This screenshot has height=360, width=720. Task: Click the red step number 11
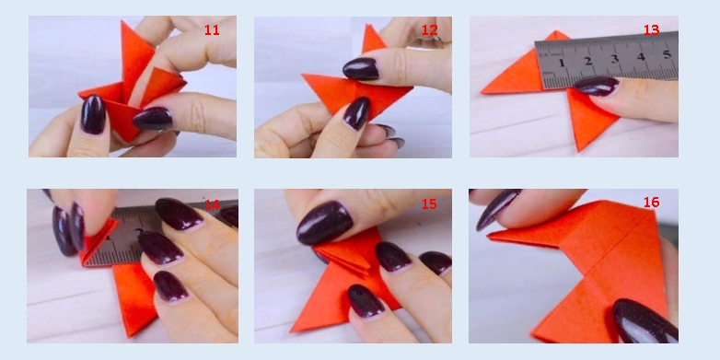tap(212, 29)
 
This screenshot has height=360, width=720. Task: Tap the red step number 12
tap(429, 29)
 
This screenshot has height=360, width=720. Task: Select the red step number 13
tap(651, 29)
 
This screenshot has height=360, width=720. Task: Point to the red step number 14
tap(212, 204)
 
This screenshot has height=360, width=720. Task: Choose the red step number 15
tap(429, 203)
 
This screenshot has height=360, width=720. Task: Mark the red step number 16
tap(651, 202)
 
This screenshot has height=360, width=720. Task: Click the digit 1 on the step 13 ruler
tap(561, 63)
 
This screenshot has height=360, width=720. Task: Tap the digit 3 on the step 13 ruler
tap(615, 58)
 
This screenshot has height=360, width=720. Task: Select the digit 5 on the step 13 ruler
tap(668, 54)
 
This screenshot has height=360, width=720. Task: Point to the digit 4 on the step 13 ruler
tap(641, 56)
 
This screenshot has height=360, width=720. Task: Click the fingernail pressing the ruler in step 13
tap(597, 86)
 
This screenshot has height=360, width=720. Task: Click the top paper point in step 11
tap(122, 21)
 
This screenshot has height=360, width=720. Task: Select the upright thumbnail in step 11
tap(93, 114)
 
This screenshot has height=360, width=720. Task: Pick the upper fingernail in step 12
tap(361, 68)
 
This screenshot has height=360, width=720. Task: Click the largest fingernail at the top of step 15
tap(325, 222)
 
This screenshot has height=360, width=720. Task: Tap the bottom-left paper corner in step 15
tap(292, 331)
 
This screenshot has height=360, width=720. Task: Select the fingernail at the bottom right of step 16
tap(645, 320)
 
